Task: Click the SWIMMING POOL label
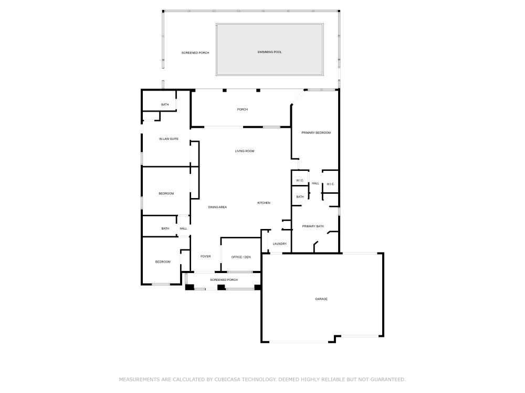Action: click(x=270, y=52)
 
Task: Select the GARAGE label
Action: click(x=321, y=299)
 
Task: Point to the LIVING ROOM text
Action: click(x=244, y=151)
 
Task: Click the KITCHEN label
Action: click(x=264, y=203)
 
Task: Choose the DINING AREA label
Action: click(x=217, y=208)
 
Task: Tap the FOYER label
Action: click(x=205, y=257)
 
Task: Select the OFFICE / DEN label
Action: click(x=241, y=257)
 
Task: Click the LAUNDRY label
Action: click(x=279, y=244)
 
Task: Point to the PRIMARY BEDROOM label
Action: click(x=316, y=133)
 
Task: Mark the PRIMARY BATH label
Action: click(x=313, y=226)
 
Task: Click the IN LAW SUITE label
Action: click(x=169, y=139)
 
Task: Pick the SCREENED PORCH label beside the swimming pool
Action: click(x=195, y=53)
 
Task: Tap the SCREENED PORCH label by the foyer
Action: click(x=224, y=280)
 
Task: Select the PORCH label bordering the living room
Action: click(x=242, y=110)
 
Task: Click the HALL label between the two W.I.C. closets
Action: click(x=316, y=183)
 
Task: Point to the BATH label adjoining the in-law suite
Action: click(x=165, y=105)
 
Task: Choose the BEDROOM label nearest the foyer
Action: click(x=162, y=262)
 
